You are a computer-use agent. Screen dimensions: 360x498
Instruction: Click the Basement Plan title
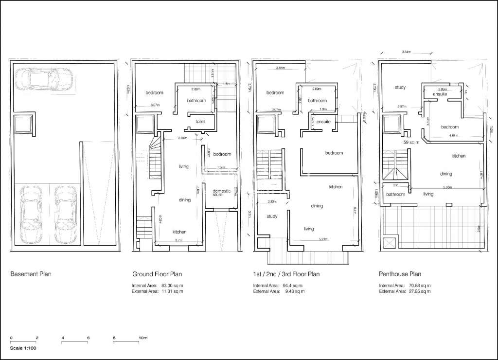click(x=31, y=274)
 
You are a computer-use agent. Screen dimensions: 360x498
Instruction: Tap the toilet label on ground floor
click(x=200, y=121)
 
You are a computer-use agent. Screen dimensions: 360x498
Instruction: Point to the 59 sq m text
click(x=411, y=143)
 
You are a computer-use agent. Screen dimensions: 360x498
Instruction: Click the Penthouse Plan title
click(x=400, y=274)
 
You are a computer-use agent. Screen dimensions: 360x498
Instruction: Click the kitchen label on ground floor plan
click(x=179, y=232)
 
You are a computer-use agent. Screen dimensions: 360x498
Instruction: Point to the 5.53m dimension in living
click(x=320, y=239)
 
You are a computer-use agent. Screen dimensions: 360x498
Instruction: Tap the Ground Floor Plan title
click(x=157, y=274)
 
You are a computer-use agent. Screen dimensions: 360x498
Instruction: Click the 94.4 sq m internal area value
click(x=292, y=286)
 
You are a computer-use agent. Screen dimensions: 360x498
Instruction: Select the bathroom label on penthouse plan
click(x=395, y=194)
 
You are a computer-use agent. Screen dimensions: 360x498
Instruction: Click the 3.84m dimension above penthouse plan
click(x=407, y=52)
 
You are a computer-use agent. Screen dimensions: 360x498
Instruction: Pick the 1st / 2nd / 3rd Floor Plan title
click(x=286, y=274)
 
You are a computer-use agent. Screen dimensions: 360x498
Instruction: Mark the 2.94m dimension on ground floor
click(x=169, y=139)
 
